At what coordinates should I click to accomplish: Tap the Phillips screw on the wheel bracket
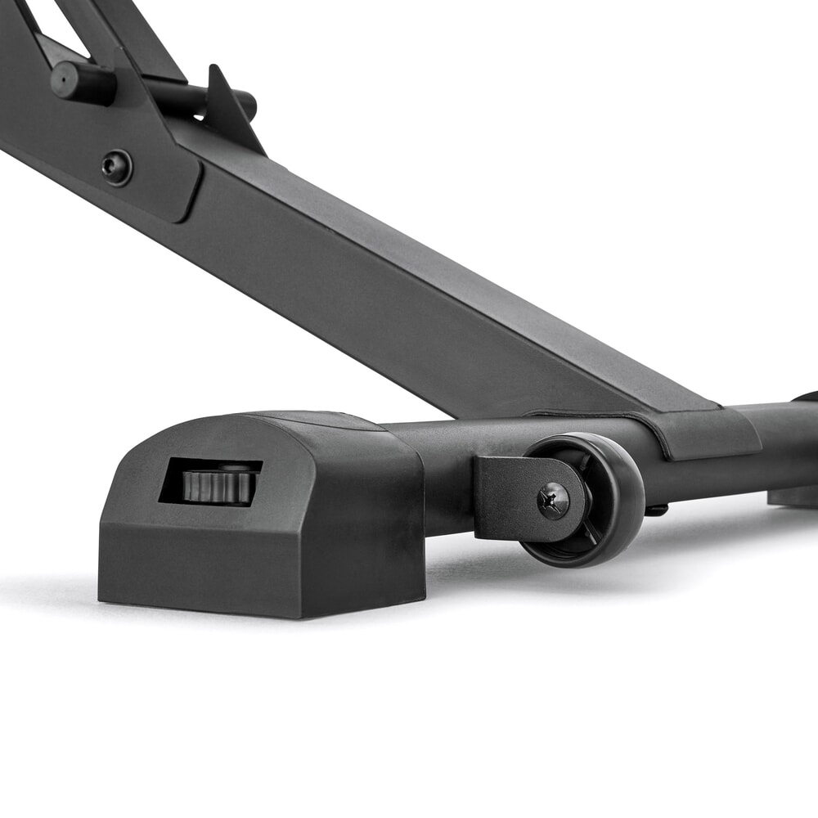point(554,500)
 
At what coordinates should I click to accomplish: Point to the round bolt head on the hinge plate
point(117,167)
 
